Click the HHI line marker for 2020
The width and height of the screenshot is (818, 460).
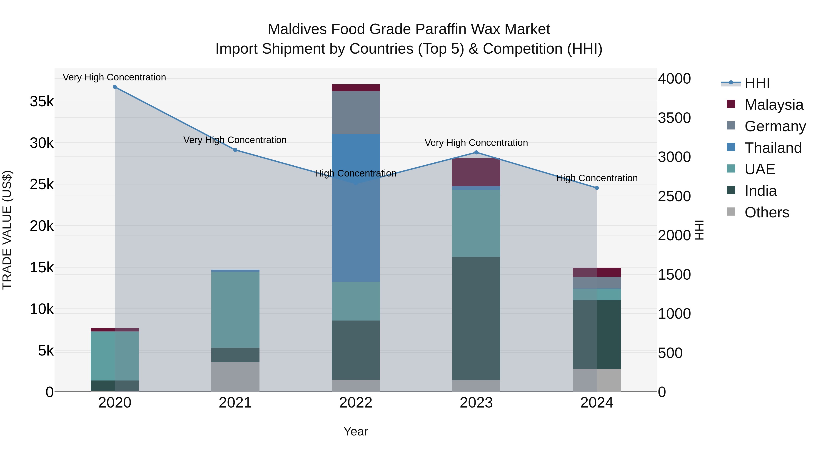click(115, 87)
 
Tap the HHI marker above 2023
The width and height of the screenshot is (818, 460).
click(476, 152)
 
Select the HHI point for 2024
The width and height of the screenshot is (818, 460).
click(597, 188)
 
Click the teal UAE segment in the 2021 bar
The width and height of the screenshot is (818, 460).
click(235, 310)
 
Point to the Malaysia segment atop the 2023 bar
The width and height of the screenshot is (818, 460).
click(476, 172)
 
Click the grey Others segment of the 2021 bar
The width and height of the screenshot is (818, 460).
click(235, 377)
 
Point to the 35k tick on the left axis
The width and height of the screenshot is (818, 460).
click(42, 102)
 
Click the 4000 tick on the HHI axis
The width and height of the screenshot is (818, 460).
click(674, 79)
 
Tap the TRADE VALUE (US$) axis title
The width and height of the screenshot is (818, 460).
click(7, 230)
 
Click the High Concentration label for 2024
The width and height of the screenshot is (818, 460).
click(597, 178)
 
